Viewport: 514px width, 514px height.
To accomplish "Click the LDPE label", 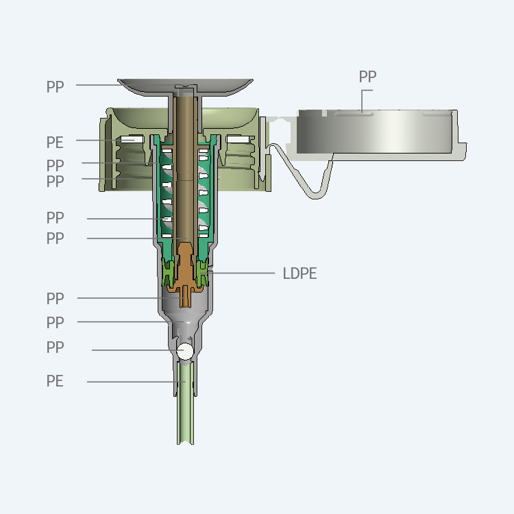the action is click(x=299, y=273).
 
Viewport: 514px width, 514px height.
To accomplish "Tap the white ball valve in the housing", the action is click(x=185, y=351).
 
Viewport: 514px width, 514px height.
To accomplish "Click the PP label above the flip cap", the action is click(x=367, y=76).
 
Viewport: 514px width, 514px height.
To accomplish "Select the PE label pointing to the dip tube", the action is click(x=55, y=381).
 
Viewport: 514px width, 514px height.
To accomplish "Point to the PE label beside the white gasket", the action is click(x=55, y=143).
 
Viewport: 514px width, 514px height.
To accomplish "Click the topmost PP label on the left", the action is click(x=55, y=87).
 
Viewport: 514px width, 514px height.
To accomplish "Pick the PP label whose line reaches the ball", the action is click(x=55, y=347).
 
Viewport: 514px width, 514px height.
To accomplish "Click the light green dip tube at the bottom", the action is click(x=185, y=402).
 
